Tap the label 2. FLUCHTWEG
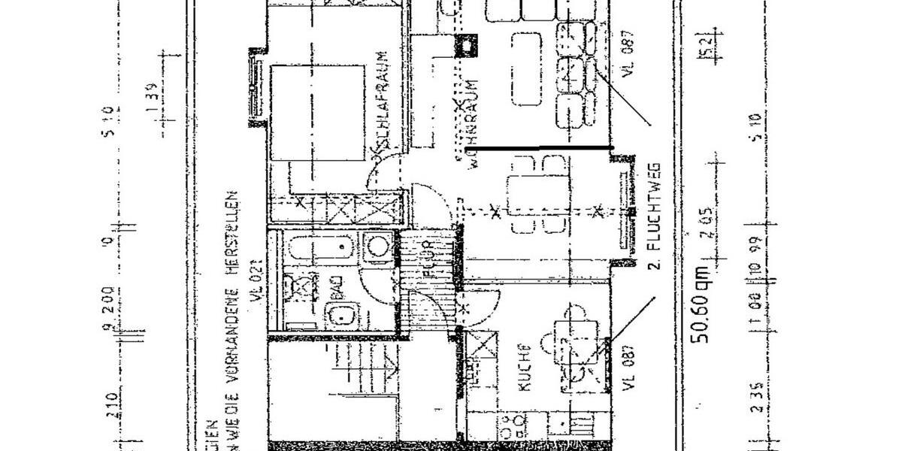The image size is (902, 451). pyautogui.click(x=654, y=215)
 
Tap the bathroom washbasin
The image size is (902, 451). pyautogui.click(x=336, y=316)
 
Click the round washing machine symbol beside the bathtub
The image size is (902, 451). pyautogui.click(x=378, y=246)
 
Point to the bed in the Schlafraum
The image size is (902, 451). pyautogui.click(x=319, y=113)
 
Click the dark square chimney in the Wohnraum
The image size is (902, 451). pyautogui.click(x=467, y=47)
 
